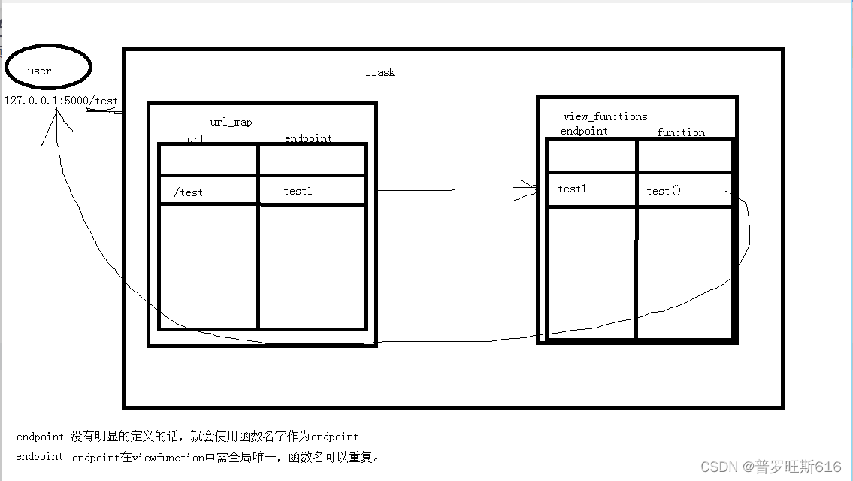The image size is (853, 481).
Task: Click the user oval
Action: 47,69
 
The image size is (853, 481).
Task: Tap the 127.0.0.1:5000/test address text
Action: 61,101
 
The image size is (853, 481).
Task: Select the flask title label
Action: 380,72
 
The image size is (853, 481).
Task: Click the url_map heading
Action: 231,122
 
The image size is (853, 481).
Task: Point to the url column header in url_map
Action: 195,138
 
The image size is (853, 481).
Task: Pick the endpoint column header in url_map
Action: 308,138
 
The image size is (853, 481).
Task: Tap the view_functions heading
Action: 605,116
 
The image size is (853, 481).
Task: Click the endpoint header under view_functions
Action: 584,131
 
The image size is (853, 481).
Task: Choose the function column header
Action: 681,132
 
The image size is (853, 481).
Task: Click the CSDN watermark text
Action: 770,467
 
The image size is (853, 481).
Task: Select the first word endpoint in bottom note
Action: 40,436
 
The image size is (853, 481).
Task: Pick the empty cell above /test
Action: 208,160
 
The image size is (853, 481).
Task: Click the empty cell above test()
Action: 684,156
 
